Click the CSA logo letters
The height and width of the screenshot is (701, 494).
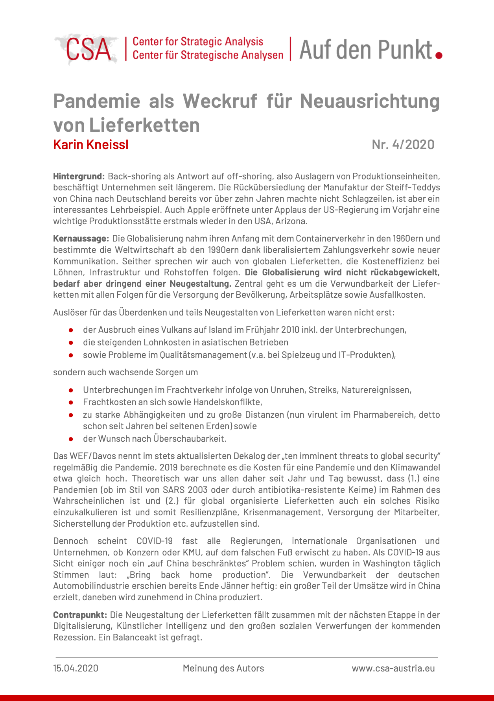coord(88,50)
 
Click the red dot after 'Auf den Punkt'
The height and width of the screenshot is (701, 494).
coord(439,55)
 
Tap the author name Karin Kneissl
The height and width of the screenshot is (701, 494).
coord(91,145)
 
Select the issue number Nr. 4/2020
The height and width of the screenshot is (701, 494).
coord(403,145)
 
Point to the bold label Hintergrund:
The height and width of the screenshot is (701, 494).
coord(79,176)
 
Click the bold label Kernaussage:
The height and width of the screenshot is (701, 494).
coord(81,238)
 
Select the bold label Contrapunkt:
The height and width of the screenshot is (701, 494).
coord(80,615)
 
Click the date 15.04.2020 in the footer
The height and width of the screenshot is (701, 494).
coord(76,668)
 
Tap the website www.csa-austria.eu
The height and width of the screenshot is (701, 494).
coord(393,668)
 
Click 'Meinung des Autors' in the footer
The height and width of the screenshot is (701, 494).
coord(223,668)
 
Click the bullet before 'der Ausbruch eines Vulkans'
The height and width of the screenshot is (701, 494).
coord(71,330)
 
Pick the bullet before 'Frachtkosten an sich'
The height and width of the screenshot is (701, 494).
coord(71,402)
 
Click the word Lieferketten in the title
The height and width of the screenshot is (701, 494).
coord(144,125)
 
